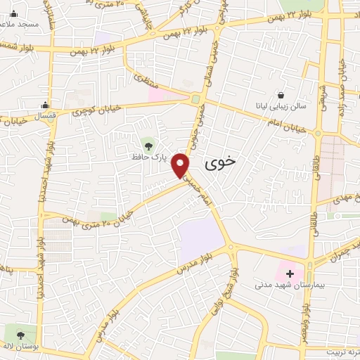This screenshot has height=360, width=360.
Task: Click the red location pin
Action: (x=182, y=165)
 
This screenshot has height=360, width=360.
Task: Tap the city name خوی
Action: (x=220, y=162)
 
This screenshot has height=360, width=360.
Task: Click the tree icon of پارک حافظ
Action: (x=148, y=146)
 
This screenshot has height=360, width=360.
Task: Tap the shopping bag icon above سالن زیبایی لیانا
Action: (x=281, y=94)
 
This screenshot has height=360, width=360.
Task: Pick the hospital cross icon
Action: (x=290, y=272)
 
